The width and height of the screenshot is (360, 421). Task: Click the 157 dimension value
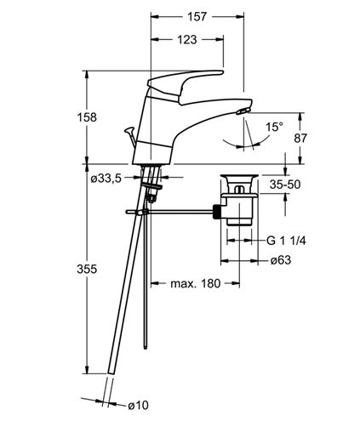pos(197,16)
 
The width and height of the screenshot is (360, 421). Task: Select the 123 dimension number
pos(187,40)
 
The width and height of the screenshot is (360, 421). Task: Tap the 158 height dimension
pos(87,117)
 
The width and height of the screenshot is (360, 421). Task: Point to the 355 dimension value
pos(87,269)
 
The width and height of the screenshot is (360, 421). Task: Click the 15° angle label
pos(274,127)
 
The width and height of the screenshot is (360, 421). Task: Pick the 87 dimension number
pos(300,138)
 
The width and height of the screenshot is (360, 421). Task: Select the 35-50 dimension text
pos(285,185)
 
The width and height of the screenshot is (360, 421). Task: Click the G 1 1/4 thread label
pos(286,241)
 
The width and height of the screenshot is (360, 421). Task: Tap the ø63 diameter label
pos(281,260)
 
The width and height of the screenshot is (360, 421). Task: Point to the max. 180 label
pos(195,283)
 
